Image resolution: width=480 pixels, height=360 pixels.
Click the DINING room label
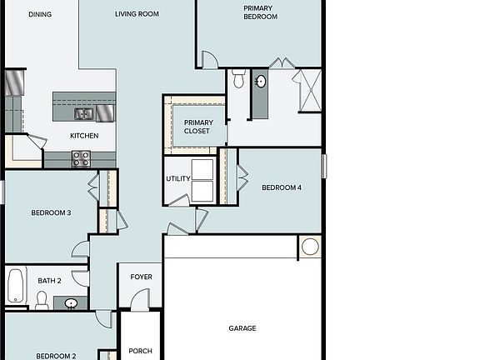[40, 14]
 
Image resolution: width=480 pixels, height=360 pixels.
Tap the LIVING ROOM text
[137, 14]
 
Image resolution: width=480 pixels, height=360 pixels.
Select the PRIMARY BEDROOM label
[260, 12]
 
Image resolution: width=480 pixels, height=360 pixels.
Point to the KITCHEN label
[84, 136]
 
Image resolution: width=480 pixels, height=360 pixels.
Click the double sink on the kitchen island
[83, 114]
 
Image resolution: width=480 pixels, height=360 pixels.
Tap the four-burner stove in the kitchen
[81, 158]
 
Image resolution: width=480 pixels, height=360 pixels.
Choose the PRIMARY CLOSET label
[197, 127]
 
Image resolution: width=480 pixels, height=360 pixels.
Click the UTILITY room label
[178, 179]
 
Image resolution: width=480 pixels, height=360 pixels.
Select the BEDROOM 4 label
[282, 187]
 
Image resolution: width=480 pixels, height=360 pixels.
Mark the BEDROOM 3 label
[51, 212]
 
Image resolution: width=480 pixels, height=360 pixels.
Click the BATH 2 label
[49, 281]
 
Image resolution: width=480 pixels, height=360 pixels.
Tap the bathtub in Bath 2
[16, 286]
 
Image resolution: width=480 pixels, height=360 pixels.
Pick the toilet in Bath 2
[42, 299]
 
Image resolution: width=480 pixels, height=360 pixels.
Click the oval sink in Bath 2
[71, 302]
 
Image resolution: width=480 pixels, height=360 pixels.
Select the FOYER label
[141, 277]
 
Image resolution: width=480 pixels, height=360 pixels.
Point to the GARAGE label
[242, 328]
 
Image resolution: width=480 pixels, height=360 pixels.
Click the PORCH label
[141, 351]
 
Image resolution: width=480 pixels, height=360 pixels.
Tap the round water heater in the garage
[310, 247]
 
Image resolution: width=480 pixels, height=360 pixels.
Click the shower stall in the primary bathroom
[308, 90]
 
